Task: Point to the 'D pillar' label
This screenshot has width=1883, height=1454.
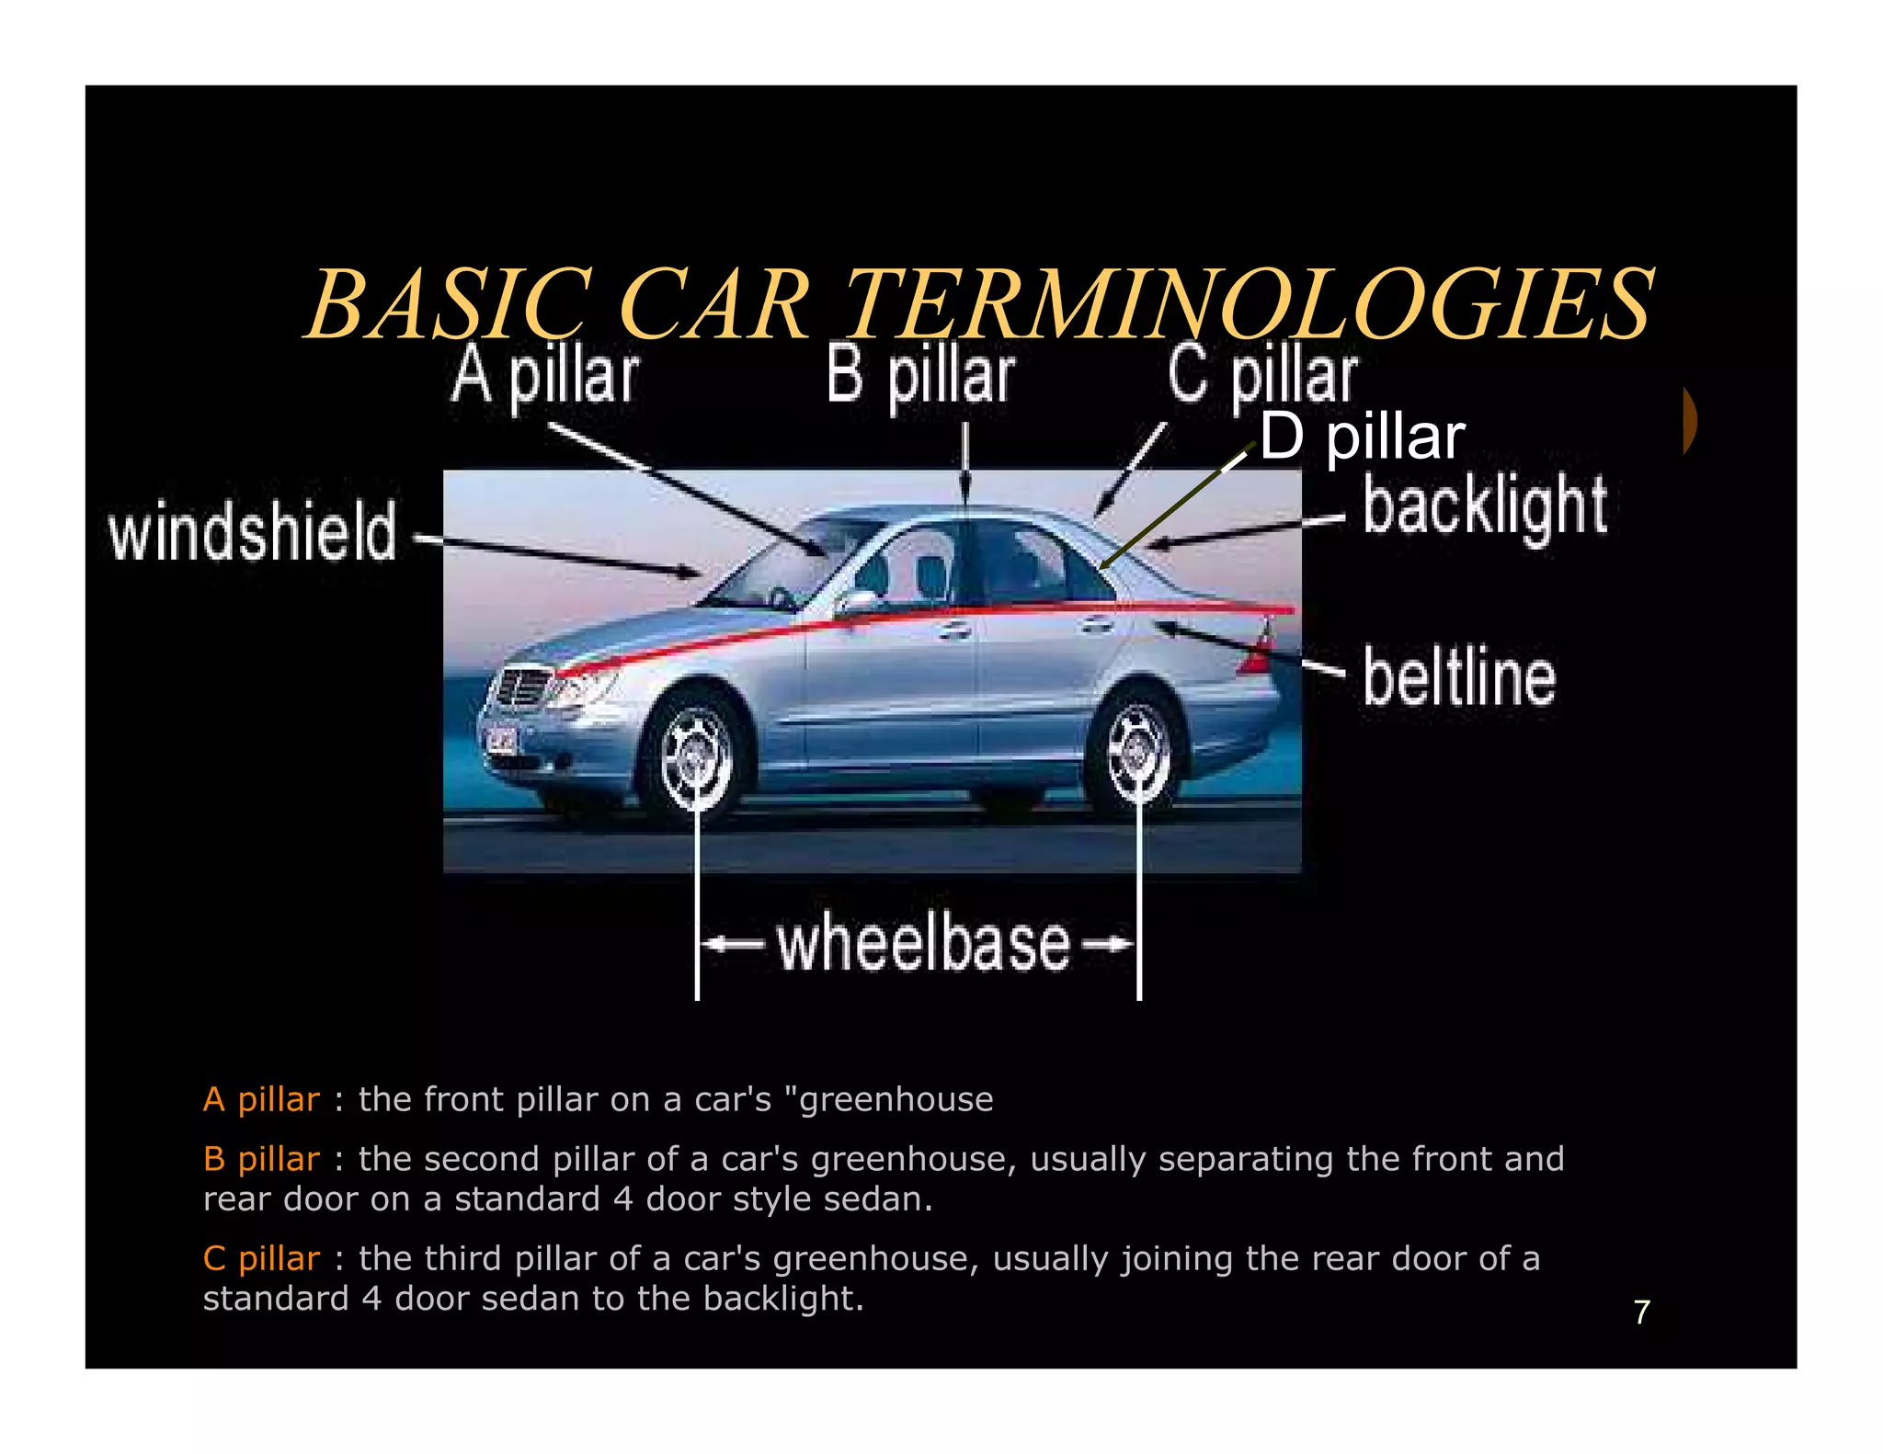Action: click(x=1362, y=437)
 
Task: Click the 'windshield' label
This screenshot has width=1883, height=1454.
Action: click(x=253, y=531)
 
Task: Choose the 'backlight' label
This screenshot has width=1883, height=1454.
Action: click(x=1485, y=506)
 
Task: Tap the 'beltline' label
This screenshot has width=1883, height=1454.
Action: click(x=1459, y=676)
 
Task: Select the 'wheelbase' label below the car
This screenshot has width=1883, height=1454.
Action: click(x=924, y=944)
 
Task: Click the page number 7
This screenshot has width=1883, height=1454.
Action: click(x=1642, y=1312)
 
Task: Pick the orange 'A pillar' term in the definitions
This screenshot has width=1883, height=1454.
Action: click(x=261, y=1099)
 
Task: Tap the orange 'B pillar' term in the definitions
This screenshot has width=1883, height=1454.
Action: click(x=261, y=1159)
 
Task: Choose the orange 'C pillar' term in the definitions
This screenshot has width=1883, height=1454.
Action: click(x=261, y=1258)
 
